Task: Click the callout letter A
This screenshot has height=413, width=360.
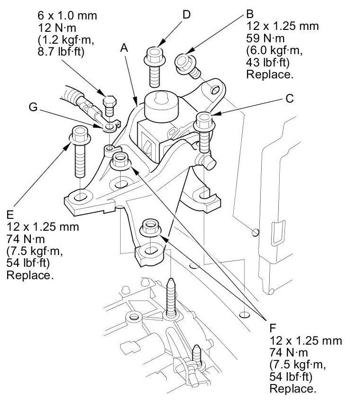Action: pos(124,48)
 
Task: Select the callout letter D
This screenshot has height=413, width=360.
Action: pos(186,15)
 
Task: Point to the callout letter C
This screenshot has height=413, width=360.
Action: pos(289,99)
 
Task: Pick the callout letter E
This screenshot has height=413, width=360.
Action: pos(10,214)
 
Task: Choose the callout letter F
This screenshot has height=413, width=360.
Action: pos(273,328)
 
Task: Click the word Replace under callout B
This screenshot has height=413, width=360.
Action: pos(269,75)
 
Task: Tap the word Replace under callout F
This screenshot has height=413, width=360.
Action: pos(292,389)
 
